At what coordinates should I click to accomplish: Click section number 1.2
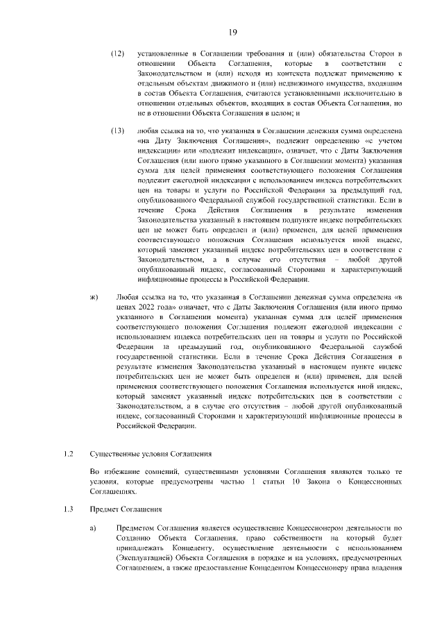point(68,454)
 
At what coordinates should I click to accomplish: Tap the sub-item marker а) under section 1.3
point(93,527)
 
